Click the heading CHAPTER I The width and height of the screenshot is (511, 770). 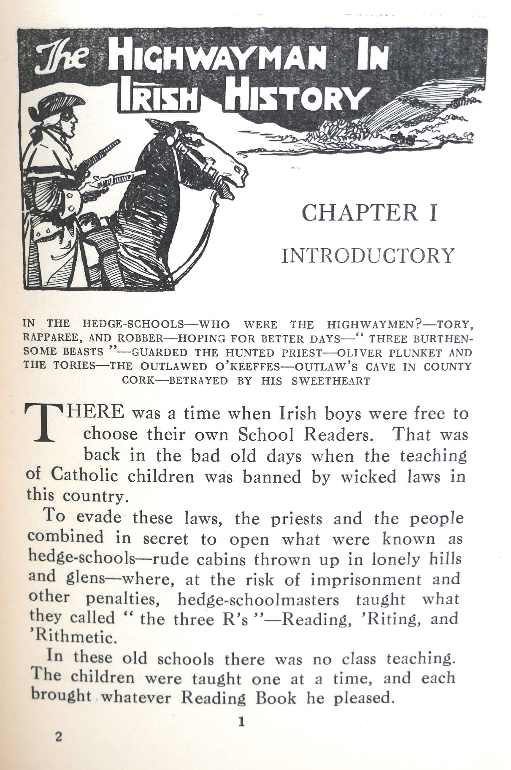click(x=369, y=213)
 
